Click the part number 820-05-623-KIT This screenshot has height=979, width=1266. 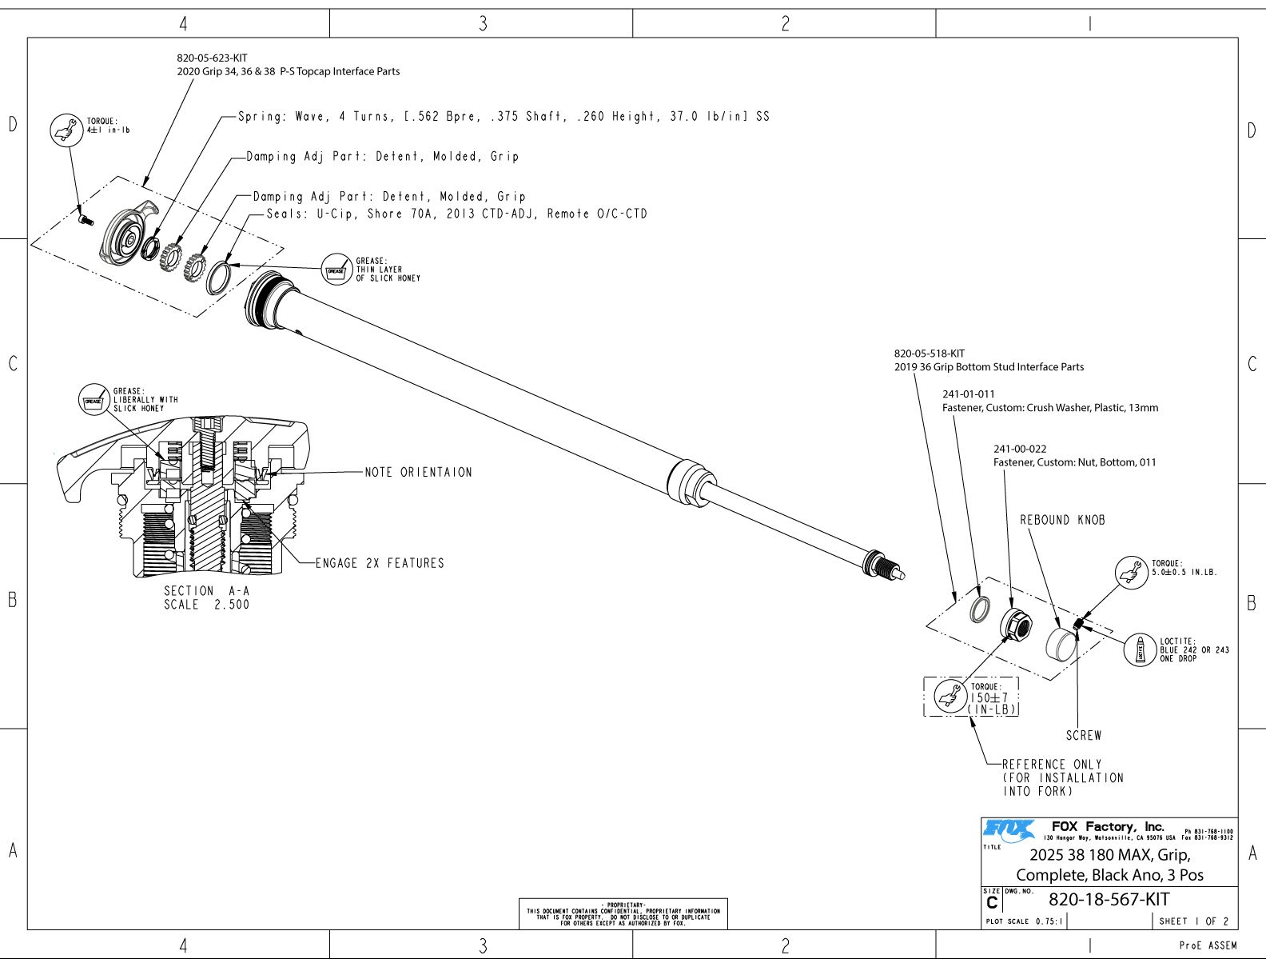coord(212,58)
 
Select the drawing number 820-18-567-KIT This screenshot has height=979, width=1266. coord(1109,899)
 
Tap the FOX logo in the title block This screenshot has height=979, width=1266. coord(1009,830)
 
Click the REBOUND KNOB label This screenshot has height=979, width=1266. coord(1062,520)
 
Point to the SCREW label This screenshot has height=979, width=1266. coord(1083,735)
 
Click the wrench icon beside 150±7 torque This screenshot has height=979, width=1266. coord(950,695)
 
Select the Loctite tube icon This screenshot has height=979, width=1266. coord(1140,649)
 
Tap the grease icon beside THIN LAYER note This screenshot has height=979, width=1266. coord(336,270)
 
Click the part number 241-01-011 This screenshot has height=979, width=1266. coord(969,394)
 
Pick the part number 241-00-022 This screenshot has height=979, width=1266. coord(1020,449)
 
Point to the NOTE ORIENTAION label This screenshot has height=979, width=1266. coord(418,473)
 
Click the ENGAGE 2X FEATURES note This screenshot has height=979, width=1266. coord(380,563)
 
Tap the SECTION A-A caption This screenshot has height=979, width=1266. coord(207,597)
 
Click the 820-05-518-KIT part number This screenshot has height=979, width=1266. coord(929,353)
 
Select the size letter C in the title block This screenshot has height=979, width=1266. coord(992,903)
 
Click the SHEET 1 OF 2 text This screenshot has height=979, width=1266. coord(1194,921)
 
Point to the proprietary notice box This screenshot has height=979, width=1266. coord(623,913)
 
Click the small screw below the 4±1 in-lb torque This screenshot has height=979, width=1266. coord(85,218)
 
